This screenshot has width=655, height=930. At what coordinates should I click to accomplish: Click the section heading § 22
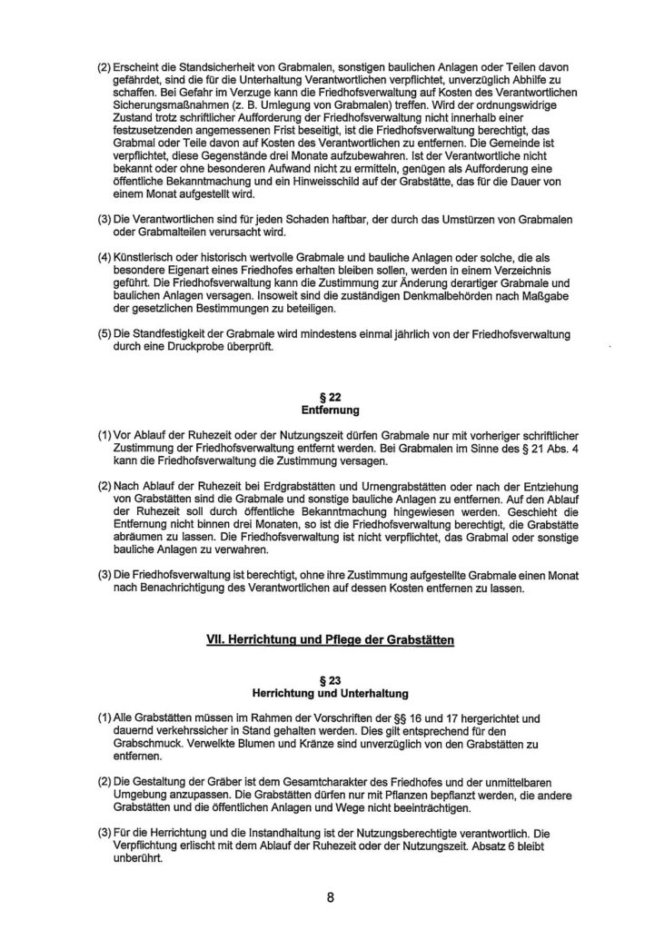coord(331,397)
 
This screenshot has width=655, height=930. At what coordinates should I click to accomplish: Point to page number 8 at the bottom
coord(331,898)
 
